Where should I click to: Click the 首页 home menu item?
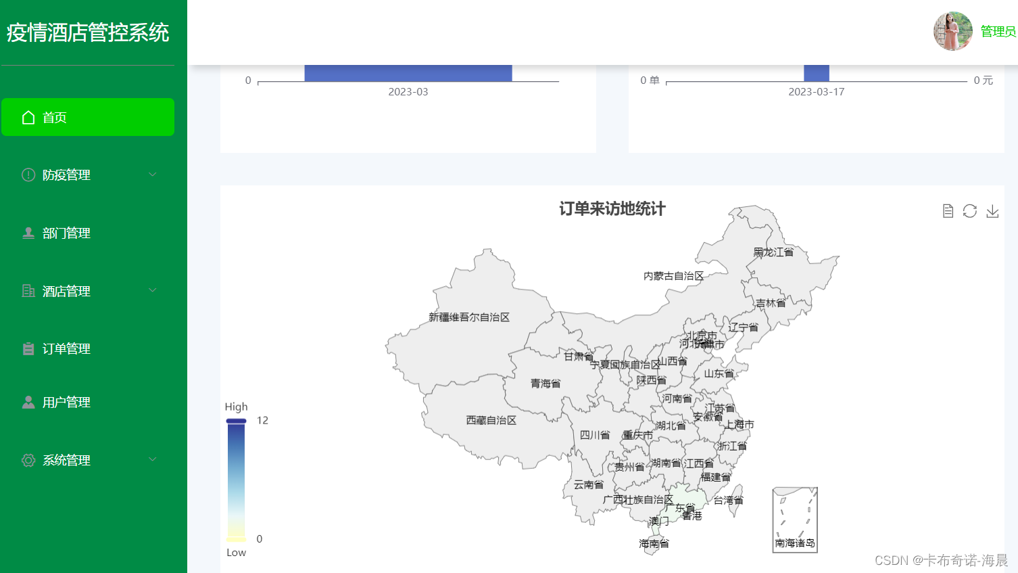tap(87, 117)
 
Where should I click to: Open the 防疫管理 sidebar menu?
tap(87, 175)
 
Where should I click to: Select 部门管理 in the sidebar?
tap(66, 233)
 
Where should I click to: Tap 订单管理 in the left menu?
tap(66, 349)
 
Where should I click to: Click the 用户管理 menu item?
tap(66, 403)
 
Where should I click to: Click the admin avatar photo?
tap(952, 31)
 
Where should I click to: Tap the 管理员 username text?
tap(998, 32)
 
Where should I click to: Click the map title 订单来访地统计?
tap(612, 209)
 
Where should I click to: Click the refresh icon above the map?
tap(970, 211)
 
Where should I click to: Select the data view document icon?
tap(948, 211)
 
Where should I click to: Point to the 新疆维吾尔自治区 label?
tap(469, 317)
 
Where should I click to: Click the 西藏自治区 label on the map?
tap(491, 421)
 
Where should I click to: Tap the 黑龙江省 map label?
tap(773, 252)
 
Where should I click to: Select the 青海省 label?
tap(546, 384)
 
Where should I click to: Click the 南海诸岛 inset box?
tap(795, 520)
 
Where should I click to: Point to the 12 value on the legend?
tap(262, 421)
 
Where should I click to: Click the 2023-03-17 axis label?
tap(816, 92)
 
